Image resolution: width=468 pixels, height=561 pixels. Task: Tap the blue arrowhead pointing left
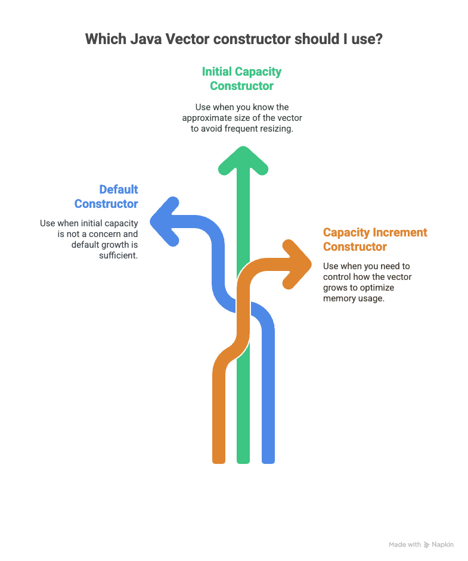pyautogui.click(x=165, y=222)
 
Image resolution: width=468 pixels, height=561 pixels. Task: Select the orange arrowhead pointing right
pyautogui.click(x=297, y=264)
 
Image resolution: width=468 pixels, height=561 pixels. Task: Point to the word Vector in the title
pyautogui.click(x=187, y=39)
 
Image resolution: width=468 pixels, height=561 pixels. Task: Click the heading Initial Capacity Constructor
pyautogui.click(x=241, y=79)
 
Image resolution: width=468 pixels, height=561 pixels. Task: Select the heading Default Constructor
pyautogui.click(x=106, y=197)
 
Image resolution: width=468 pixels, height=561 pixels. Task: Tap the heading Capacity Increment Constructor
pyautogui.click(x=375, y=239)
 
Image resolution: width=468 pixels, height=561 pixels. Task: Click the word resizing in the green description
pyautogui.click(x=277, y=129)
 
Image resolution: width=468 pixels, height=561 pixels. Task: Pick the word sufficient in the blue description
pyautogui.click(x=119, y=255)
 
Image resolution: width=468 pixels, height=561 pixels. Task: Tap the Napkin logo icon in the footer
pyautogui.click(x=426, y=545)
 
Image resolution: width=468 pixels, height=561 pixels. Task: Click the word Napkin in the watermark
pyautogui.click(x=442, y=544)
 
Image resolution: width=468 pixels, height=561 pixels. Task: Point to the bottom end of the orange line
pyautogui.click(x=219, y=462)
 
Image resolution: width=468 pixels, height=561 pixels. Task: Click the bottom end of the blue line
pyautogui.click(x=268, y=462)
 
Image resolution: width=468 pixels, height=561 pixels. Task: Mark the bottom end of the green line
pyautogui.click(x=243, y=462)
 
